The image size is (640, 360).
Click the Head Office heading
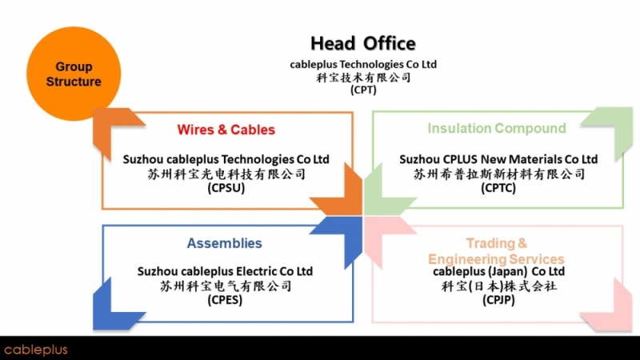[362, 43]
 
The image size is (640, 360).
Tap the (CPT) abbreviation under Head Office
[362, 90]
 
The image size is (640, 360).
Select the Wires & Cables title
[226, 130]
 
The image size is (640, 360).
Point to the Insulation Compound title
[496, 129]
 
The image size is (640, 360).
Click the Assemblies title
[224, 243]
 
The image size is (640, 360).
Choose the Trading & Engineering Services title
[496, 250]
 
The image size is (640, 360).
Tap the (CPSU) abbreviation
[226, 189]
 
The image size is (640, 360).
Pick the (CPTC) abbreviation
[498, 189]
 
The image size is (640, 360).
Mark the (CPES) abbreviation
[225, 301]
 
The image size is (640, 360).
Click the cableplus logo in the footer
[35, 350]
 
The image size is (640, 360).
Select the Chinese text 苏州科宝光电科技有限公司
[226, 174]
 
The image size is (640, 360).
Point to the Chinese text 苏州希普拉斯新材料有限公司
[498, 174]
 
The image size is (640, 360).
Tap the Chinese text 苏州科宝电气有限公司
[225, 286]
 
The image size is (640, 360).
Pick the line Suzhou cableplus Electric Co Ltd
[225, 271]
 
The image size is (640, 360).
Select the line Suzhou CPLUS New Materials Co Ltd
[498, 159]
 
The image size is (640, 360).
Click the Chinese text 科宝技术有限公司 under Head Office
[362, 78]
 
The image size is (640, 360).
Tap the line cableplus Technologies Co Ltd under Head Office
[362, 64]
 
